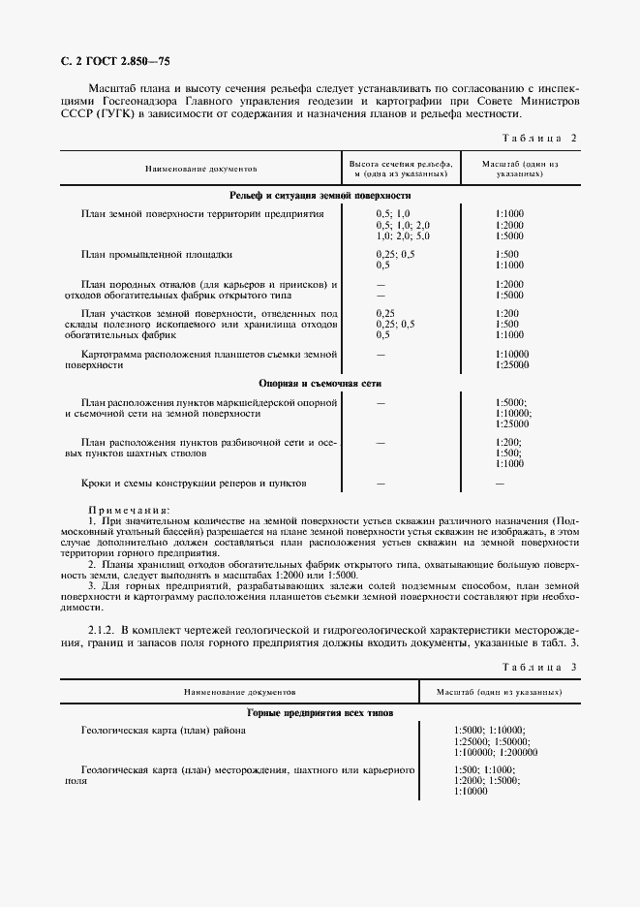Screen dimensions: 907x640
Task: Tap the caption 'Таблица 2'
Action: [x=541, y=138]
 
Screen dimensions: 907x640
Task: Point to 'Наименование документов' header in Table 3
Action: [x=239, y=694]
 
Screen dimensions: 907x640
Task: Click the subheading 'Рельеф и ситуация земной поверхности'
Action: [x=320, y=195]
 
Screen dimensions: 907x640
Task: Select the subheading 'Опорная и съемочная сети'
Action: [x=320, y=383]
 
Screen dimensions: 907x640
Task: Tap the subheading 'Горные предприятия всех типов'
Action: [x=320, y=713]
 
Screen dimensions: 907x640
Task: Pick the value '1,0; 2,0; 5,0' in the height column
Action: [x=403, y=235]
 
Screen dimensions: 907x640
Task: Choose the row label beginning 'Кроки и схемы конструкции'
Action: [x=195, y=483]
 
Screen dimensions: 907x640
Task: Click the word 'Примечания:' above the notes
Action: [x=129, y=509]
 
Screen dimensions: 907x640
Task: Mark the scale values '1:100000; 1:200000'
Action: [x=496, y=752]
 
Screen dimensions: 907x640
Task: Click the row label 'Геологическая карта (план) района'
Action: [x=164, y=730]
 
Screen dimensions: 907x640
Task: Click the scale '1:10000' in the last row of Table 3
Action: [x=471, y=792]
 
